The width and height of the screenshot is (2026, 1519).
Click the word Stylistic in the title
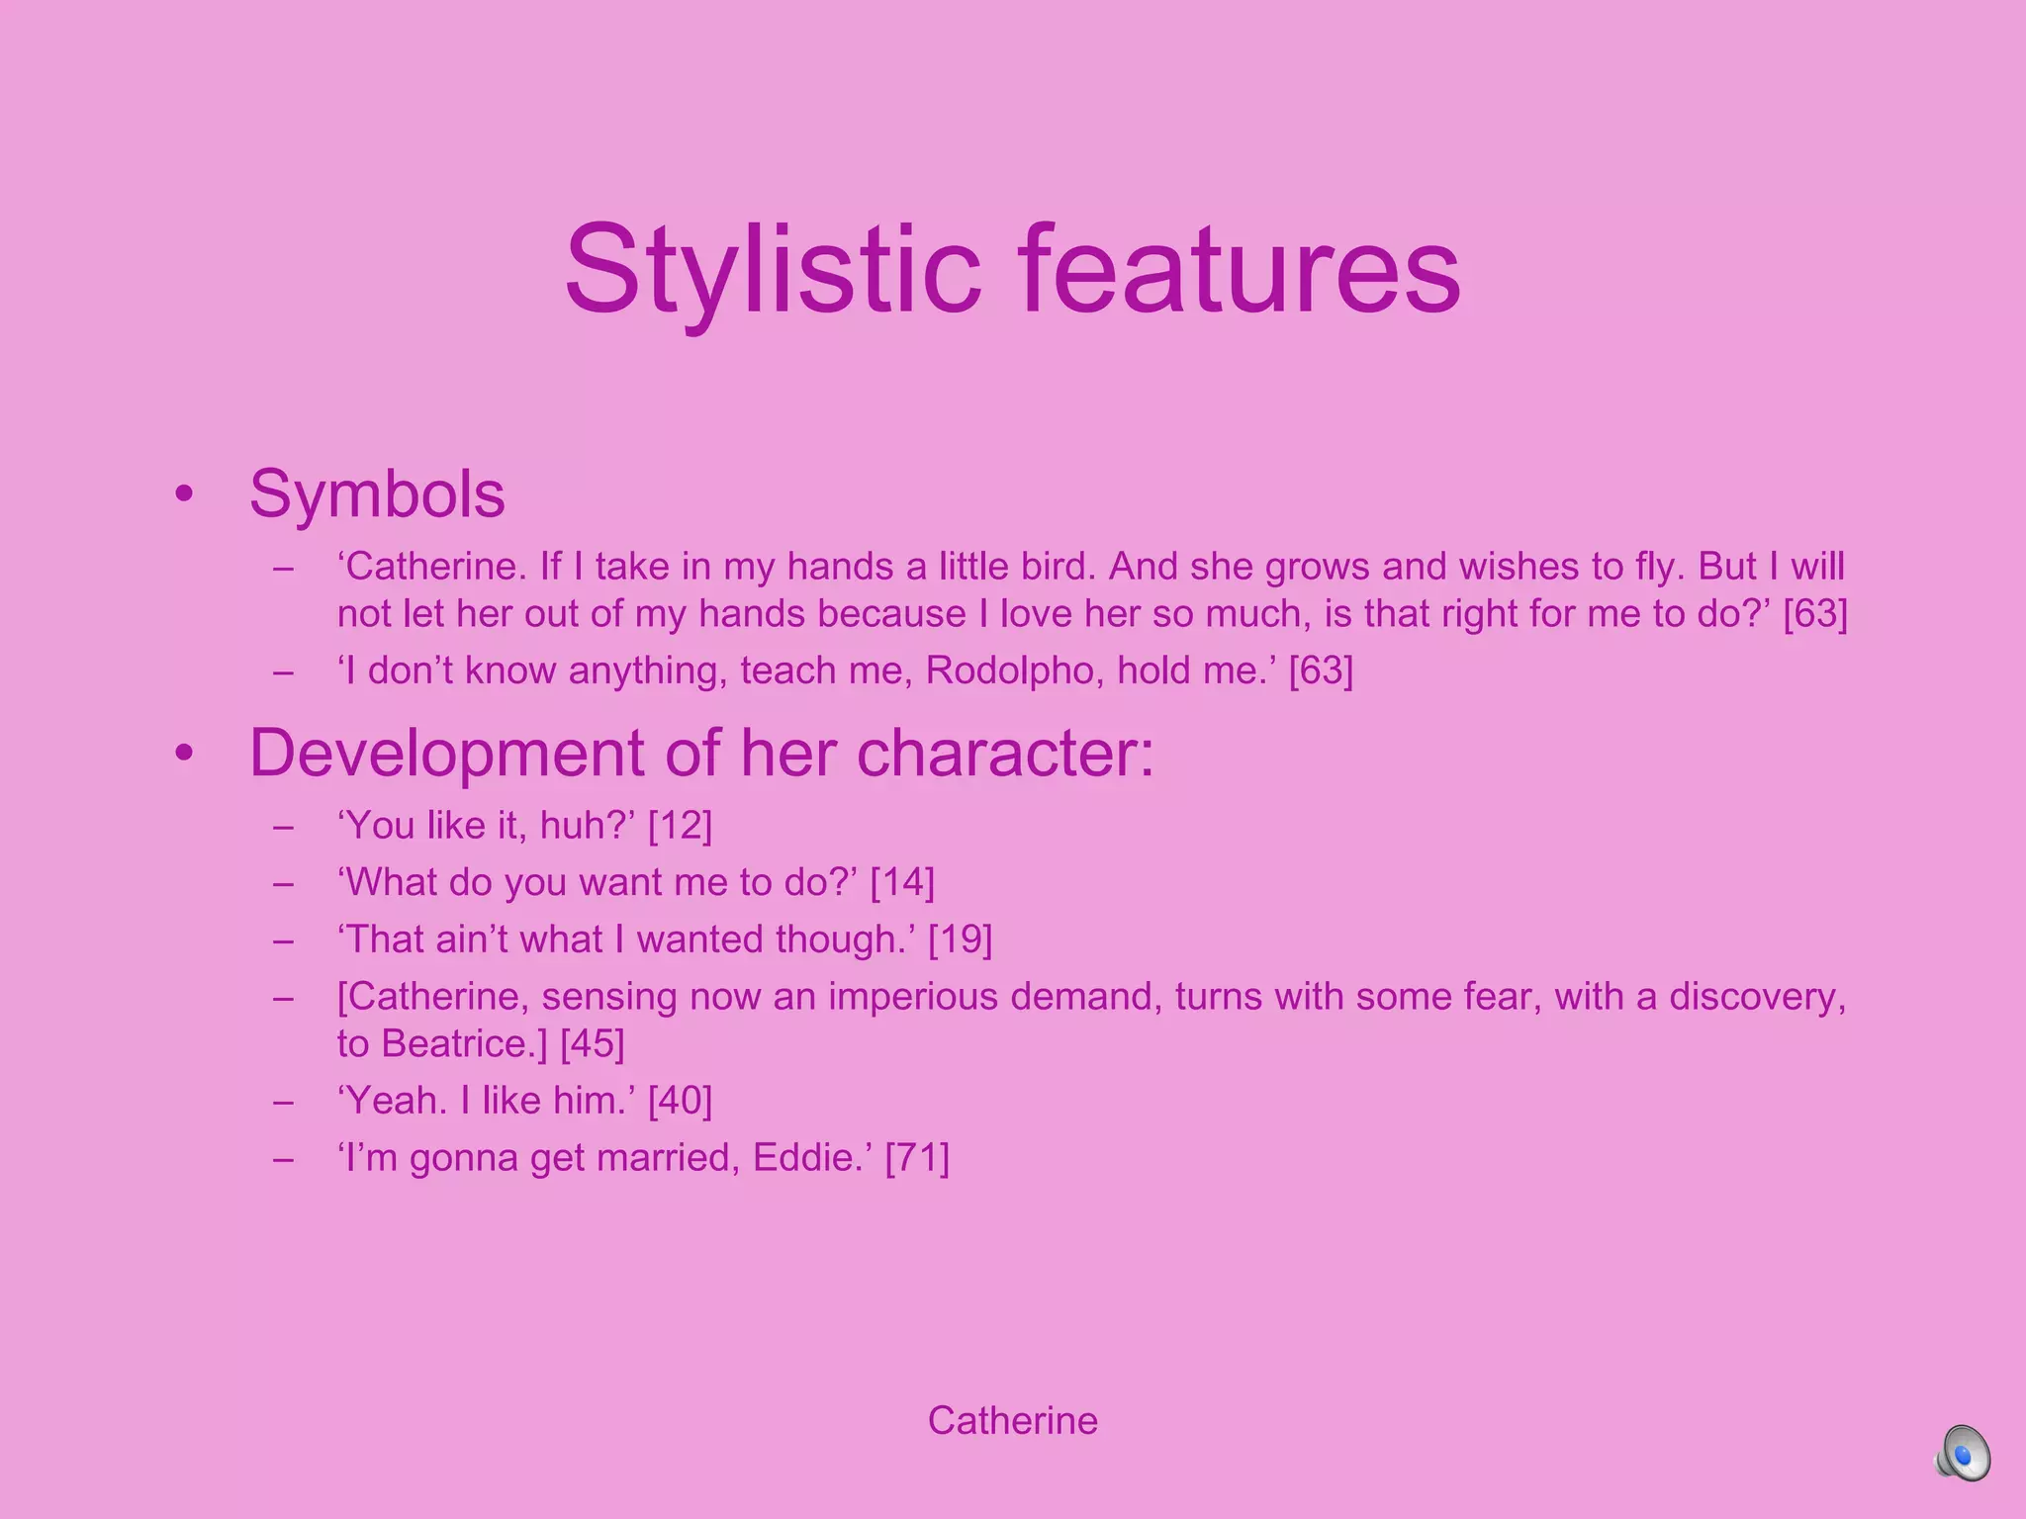tap(773, 270)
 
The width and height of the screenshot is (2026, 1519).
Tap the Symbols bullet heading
tap(377, 493)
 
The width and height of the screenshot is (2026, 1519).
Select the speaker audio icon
tap(1963, 1454)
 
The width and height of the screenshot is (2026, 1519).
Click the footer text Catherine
tap(1012, 1421)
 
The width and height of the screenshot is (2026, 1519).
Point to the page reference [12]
tap(680, 826)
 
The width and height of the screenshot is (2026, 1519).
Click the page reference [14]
tap(902, 882)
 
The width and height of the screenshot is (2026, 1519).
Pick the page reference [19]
tap(960, 939)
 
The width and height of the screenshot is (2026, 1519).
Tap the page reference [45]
tap(593, 1044)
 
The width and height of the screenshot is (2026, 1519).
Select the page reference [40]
tap(680, 1101)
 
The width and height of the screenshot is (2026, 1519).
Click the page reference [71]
tap(917, 1158)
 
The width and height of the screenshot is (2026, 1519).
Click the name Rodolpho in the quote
tap(1015, 671)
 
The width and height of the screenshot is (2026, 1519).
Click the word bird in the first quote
tap(1060, 567)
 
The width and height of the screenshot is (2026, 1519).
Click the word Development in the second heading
tap(447, 754)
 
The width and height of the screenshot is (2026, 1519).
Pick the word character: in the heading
tap(1005, 754)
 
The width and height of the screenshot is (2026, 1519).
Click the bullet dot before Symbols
tap(184, 493)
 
